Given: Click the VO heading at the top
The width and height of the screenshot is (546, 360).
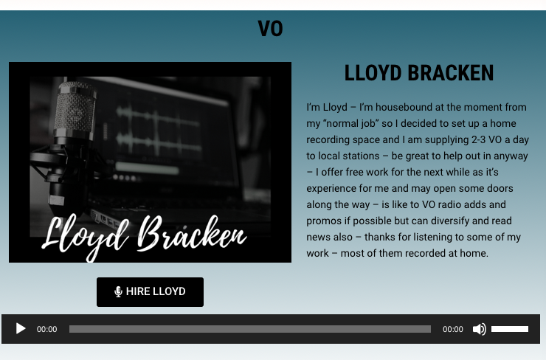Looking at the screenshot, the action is pos(270,29).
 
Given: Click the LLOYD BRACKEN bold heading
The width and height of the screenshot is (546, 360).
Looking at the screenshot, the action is pos(419,73).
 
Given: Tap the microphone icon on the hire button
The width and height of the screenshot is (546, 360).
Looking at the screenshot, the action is pos(118,291).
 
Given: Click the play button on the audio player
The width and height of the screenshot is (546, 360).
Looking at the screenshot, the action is pos(21,329).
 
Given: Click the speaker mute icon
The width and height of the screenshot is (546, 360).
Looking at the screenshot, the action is pos(480,329).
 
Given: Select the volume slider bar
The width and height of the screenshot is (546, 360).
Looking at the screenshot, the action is pos(510,329).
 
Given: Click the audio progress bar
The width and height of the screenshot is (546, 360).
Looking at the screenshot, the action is pos(250,329).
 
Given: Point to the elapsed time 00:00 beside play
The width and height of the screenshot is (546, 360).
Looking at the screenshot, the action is pos(47,329).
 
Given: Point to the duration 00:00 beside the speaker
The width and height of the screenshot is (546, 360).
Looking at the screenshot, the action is pos(453,329).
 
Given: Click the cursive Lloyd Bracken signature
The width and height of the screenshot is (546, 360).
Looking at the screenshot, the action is pos(143,235).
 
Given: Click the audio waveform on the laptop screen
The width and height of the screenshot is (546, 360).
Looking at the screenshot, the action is pos(159,129).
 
